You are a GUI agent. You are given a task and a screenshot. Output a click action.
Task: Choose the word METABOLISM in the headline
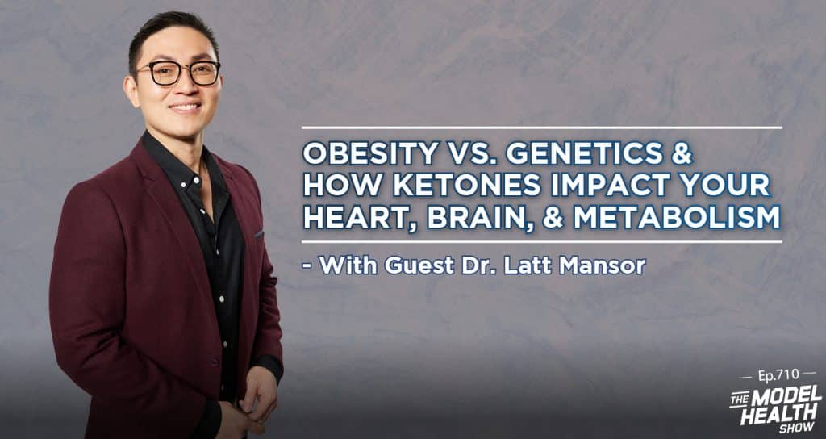coord(677,218)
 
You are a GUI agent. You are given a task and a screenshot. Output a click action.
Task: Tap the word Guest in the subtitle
coord(419,265)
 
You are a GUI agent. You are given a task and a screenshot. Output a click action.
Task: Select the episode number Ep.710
coord(778,374)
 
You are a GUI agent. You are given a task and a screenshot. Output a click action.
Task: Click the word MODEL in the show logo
coord(788,394)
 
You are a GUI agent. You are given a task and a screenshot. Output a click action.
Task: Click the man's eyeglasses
coord(178,73)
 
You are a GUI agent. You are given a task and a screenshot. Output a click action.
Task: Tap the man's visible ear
coord(131,91)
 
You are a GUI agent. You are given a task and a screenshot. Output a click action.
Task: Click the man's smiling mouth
coord(186,107)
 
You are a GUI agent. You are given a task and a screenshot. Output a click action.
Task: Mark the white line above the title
coord(541,128)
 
